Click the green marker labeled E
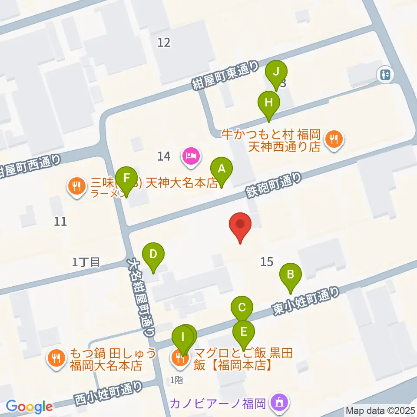(x=244, y=333)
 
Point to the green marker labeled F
(x=126, y=179)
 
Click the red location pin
(x=241, y=225)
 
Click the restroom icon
(x=385, y=75)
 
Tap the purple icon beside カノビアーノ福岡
(x=278, y=403)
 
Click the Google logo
(x=29, y=406)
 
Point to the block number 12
(x=164, y=42)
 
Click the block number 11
(x=61, y=222)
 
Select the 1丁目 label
(x=86, y=262)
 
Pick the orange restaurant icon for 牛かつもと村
(x=334, y=139)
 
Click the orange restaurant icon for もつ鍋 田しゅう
(x=56, y=358)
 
